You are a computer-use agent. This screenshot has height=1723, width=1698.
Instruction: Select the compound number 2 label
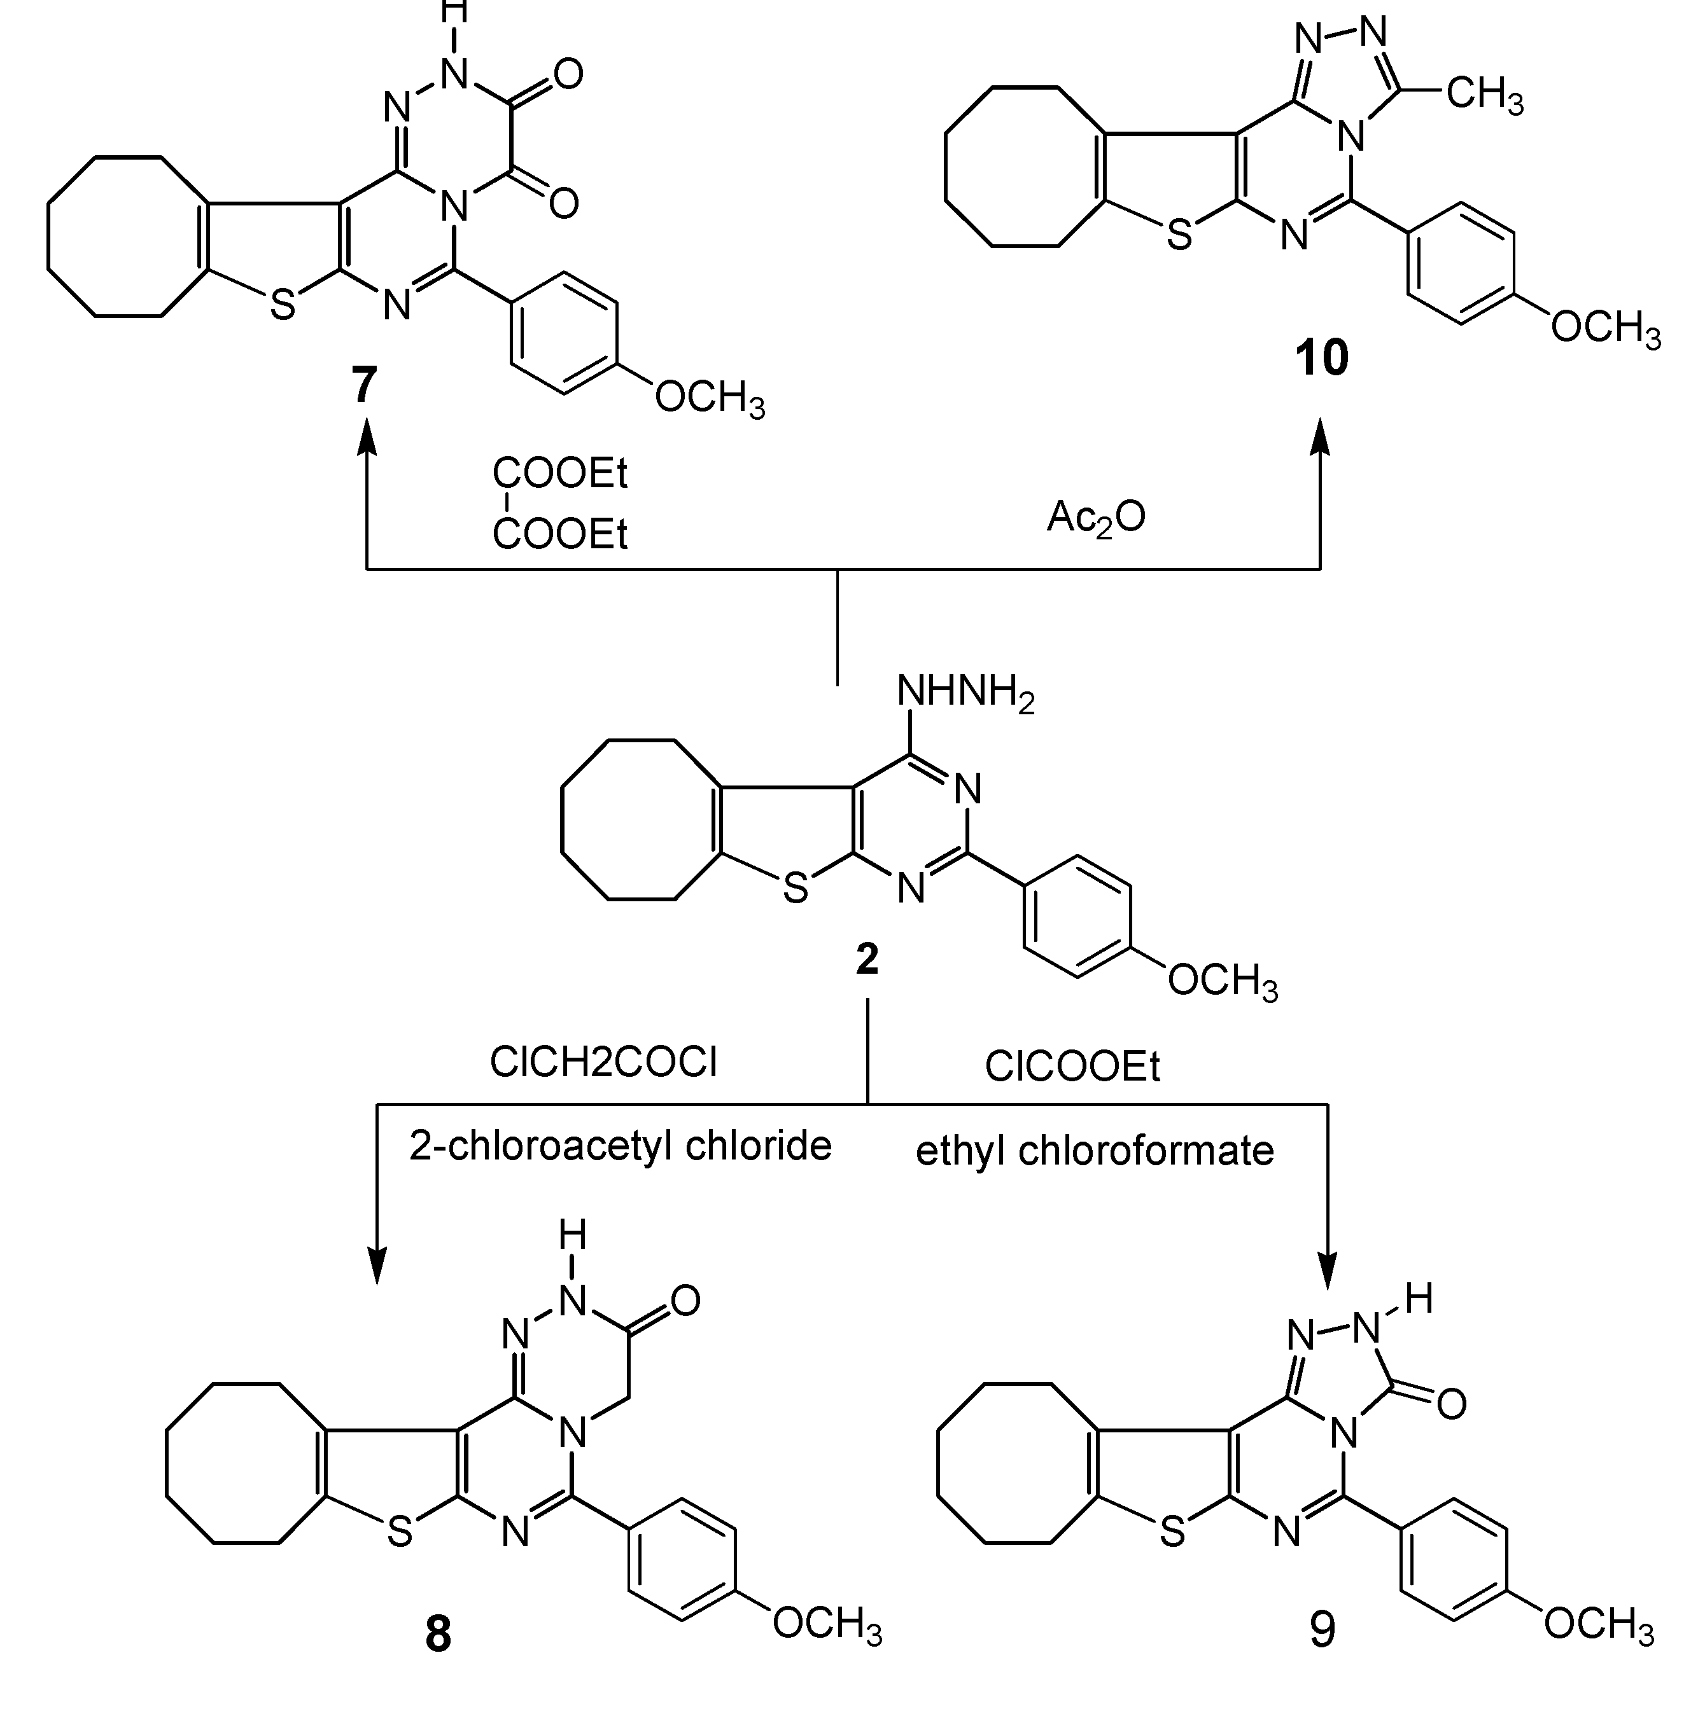click(867, 959)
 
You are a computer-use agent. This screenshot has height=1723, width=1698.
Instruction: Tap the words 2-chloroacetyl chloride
click(620, 1145)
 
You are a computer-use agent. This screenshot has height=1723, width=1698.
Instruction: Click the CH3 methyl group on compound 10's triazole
click(1484, 95)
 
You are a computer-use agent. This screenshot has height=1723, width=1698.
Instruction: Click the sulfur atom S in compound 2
click(795, 889)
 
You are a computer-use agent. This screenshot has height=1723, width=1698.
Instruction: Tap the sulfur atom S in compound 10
click(1179, 235)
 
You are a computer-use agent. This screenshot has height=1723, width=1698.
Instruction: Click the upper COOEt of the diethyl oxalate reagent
click(560, 473)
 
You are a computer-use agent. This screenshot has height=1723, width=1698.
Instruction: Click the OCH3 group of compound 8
click(827, 1623)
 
